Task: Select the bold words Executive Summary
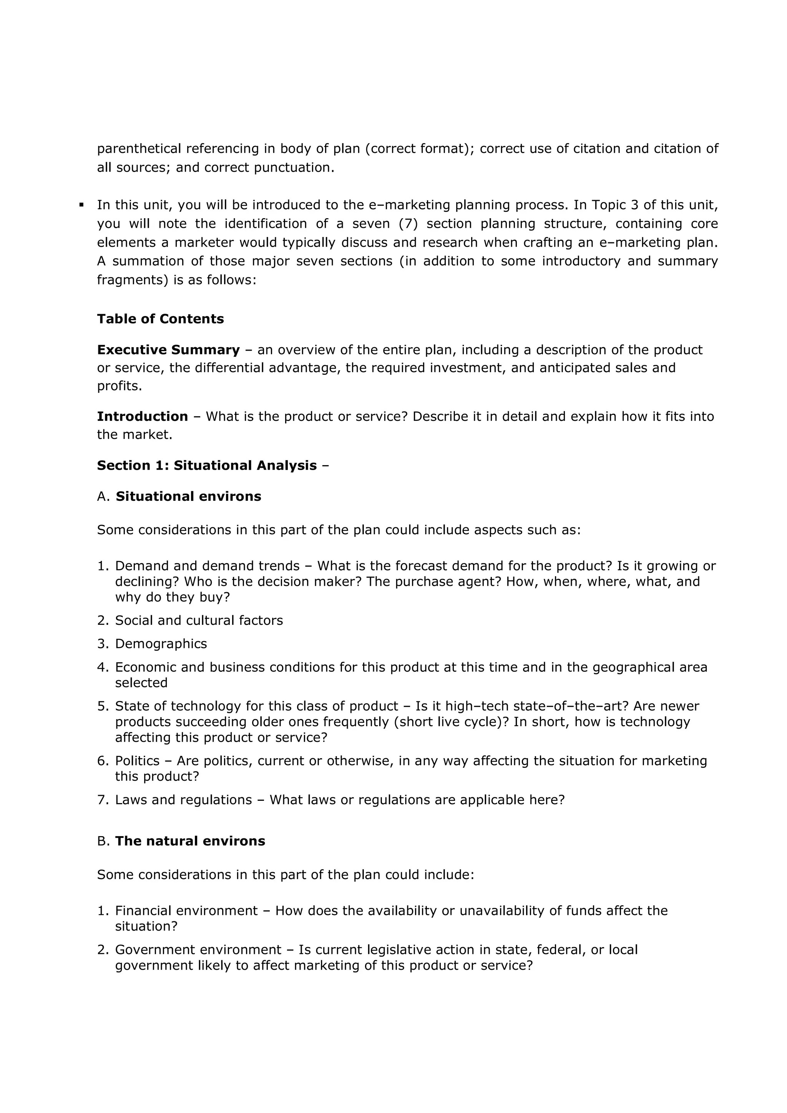point(168,350)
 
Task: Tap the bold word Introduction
point(142,416)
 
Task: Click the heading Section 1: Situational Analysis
point(207,465)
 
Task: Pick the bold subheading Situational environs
point(188,496)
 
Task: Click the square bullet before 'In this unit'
point(81,205)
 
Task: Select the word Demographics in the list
point(161,644)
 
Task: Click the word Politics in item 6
point(137,760)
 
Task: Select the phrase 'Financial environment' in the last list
point(186,911)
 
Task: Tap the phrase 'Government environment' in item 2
point(198,950)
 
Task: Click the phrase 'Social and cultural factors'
point(199,621)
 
